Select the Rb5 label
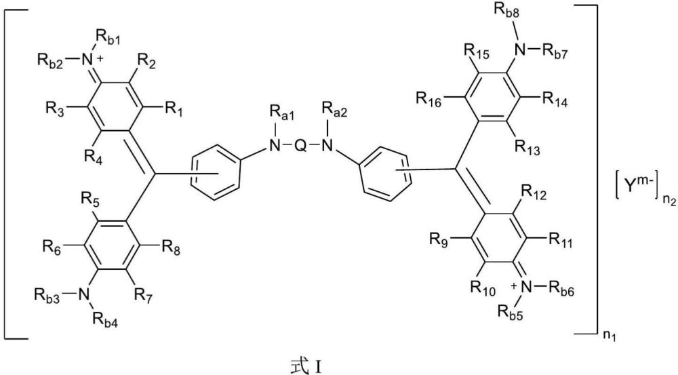click(x=511, y=313)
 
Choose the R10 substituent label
click(x=483, y=288)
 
